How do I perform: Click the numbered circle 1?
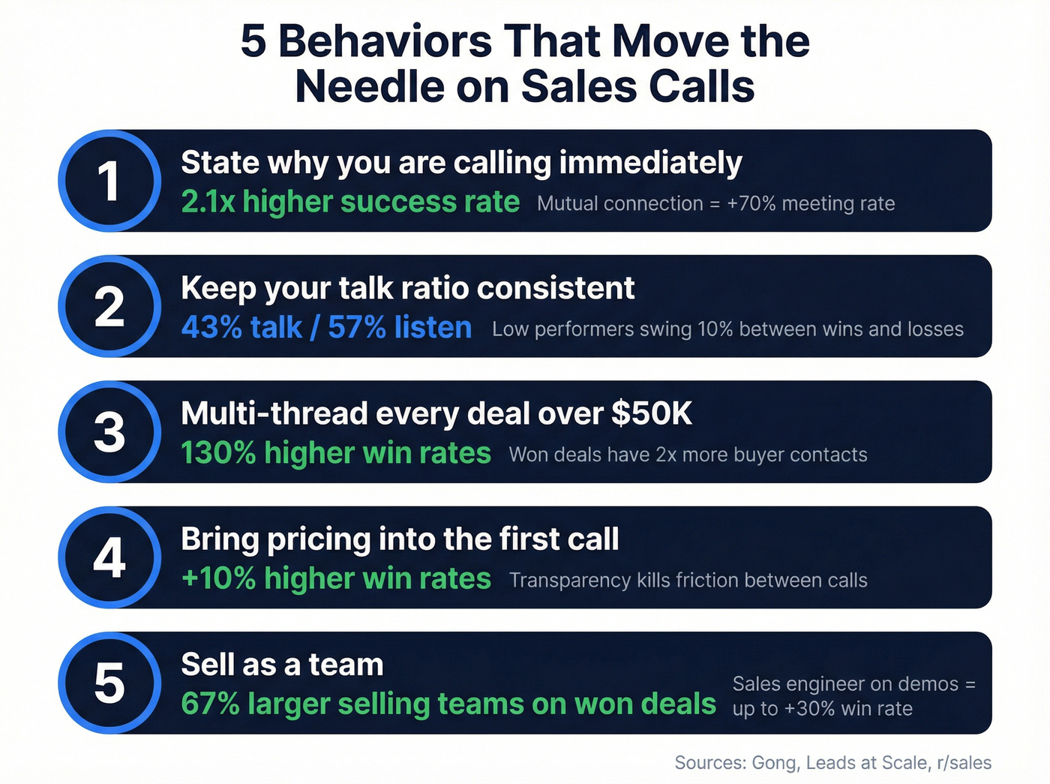pos(109,181)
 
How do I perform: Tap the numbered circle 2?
pos(109,306)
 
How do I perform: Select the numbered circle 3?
pos(109,432)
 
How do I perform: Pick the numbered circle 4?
pos(109,557)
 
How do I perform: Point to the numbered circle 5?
pos(109,683)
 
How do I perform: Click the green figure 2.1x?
pos(208,202)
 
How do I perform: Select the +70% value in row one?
pos(751,203)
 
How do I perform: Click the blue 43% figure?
pos(205,328)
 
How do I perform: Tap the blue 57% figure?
pos(357,328)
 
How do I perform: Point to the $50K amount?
pos(652,413)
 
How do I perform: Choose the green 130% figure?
pos(218,453)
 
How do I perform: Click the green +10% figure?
pos(218,578)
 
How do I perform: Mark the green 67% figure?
pos(210,704)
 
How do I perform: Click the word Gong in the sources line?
pos(775,763)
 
